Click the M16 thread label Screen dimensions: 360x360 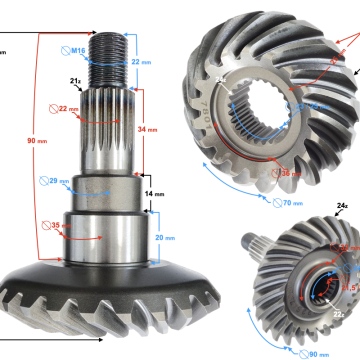point(79,49)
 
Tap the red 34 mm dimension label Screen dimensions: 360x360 point(147,129)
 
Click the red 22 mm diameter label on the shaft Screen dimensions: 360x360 point(68,109)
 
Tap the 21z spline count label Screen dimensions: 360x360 point(75,80)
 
